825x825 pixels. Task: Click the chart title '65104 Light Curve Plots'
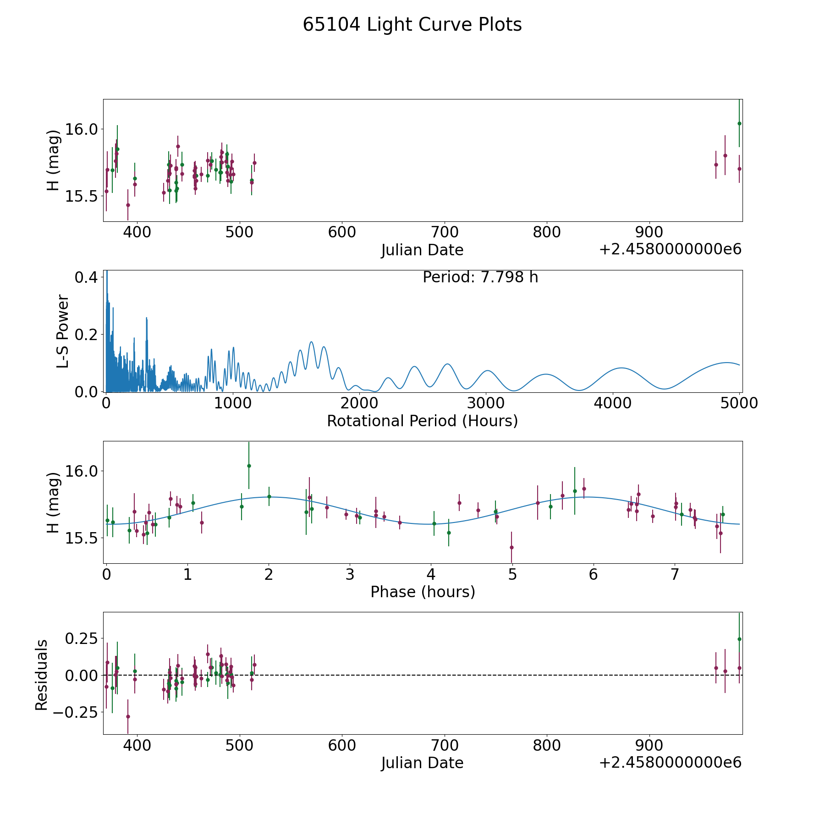click(412, 25)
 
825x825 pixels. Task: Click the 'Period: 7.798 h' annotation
click(480, 277)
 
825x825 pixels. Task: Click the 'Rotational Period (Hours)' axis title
click(422, 421)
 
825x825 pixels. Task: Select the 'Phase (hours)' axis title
click(423, 592)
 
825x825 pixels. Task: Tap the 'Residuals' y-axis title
click(41, 675)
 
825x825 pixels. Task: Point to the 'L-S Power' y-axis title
click(63, 331)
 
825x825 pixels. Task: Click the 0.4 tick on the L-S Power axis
click(86, 277)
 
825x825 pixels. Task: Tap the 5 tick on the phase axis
click(512, 574)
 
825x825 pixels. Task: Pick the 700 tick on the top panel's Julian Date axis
click(445, 232)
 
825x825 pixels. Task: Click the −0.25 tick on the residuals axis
click(76, 712)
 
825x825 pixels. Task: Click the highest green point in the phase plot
click(249, 466)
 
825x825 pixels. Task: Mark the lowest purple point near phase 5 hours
click(511, 547)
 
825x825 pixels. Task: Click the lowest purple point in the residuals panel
click(128, 716)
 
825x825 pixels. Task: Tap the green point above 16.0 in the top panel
click(739, 123)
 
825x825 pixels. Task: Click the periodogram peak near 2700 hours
click(447, 364)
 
